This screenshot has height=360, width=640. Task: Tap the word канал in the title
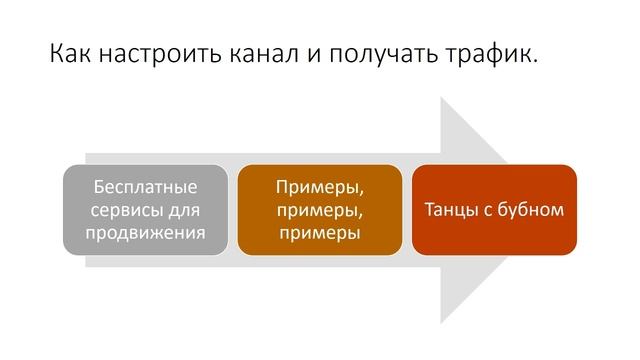coord(262,54)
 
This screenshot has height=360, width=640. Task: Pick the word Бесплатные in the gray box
coord(145,187)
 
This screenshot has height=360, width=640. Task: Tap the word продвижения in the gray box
coord(145,233)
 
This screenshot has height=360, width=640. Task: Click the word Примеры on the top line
coord(319,187)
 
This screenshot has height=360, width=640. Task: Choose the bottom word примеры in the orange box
coord(319,233)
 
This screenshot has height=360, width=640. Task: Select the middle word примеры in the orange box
coord(319,210)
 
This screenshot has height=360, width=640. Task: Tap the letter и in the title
coord(316,54)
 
